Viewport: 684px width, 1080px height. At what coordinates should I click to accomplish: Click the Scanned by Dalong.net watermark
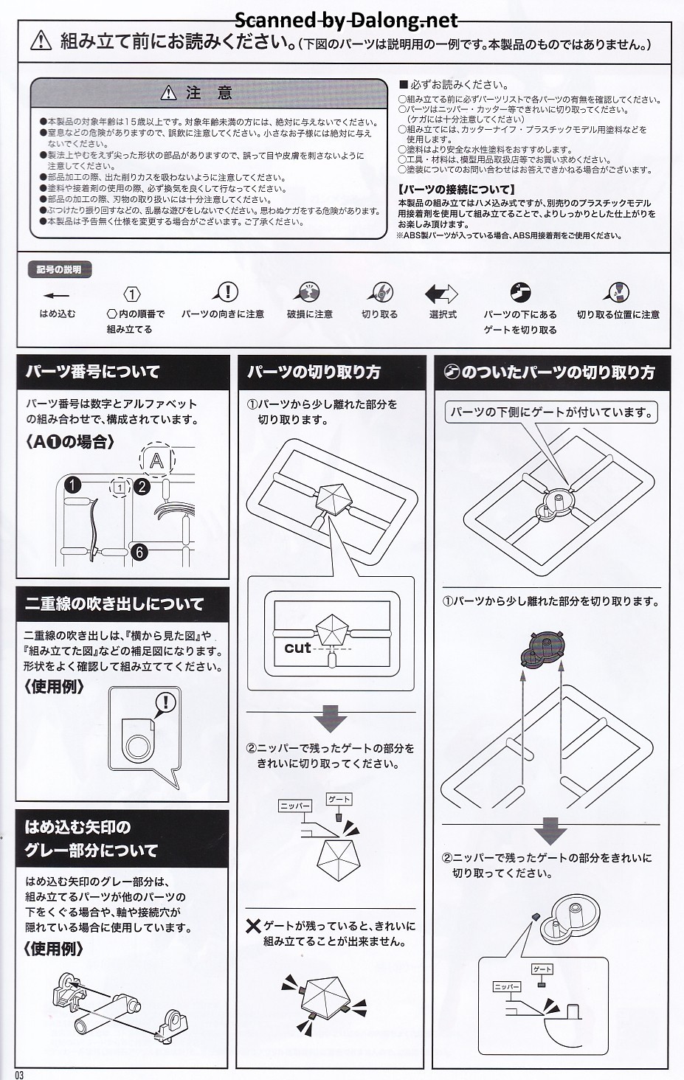click(x=346, y=20)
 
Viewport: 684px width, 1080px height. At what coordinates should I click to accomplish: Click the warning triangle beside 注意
click(x=168, y=92)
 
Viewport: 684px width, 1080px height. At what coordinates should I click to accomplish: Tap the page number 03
click(x=18, y=1075)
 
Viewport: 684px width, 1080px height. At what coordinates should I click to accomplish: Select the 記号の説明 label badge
click(x=59, y=269)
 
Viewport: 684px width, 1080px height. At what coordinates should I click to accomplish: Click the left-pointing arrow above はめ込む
click(x=56, y=296)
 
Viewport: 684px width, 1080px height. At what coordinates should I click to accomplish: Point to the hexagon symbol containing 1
click(x=131, y=294)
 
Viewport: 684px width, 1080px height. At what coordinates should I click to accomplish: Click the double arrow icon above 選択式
click(x=441, y=293)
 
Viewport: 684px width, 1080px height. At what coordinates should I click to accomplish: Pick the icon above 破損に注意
click(x=307, y=292)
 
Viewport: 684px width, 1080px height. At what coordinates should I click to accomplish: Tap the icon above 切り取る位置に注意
click(x=617, y=292)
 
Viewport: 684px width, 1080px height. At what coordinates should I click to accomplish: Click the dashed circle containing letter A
click(x=156, y=460)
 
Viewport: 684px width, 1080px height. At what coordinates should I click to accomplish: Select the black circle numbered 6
click(x=139, y=552)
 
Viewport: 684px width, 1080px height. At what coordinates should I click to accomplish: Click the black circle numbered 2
click(x=142, y=486)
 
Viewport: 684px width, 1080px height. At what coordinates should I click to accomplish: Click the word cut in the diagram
click(x=297, y=648)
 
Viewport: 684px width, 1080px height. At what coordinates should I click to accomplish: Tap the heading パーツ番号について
click(x=93, y=372)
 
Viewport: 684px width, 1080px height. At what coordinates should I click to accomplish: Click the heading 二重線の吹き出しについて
click(x=114, y=603)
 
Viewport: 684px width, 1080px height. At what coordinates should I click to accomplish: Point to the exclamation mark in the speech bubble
click(x=167, y=702)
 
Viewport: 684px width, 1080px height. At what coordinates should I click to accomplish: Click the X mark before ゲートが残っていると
click(x=253, y=927)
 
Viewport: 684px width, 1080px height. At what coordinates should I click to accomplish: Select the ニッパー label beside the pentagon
click(x=295, y=805)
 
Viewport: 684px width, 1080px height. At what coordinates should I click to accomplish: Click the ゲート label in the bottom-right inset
click(x=542, y=969)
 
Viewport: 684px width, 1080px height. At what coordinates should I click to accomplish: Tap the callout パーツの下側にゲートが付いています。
click(x=551, y=412)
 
